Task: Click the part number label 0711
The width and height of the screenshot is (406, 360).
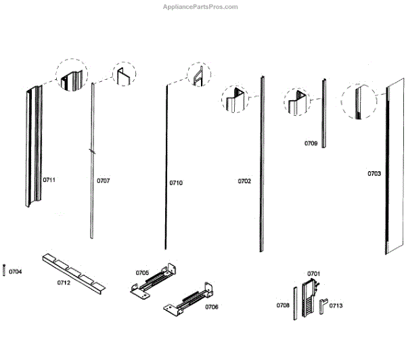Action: pyautogui.click(x=49, y=180)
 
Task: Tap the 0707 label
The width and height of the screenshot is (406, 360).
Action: pyautogui.click(x=103, y=181)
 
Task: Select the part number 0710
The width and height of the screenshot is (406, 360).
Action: pyautogui.click(x=176, y=183)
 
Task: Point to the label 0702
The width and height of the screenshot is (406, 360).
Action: pyautogui.click(x=244, y=181)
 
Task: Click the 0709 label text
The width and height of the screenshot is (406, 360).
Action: pyautogui.click(x=311, y=143)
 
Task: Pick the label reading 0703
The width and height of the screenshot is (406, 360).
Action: pyautogui.click(x=374, y=174)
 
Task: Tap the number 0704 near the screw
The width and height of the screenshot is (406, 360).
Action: pyautogui.click(x=15, y=272)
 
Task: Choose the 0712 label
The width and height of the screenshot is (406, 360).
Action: pyautogui.click(x=63, y=283)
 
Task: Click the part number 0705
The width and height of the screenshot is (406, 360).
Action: pyautogui.click(x=142, y=273)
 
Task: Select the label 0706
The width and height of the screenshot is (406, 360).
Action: pyautogui.click(x=211, y=307)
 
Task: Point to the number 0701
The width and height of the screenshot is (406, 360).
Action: pyautogui.click(x=313, y=273)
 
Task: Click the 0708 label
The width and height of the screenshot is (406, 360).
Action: pyautogui.click(x=283, y=306)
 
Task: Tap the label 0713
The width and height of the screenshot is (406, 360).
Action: pyautogui.click(x=336, y=306)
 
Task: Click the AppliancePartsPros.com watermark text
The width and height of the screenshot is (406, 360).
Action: pyautogui.click(x=201, y=7)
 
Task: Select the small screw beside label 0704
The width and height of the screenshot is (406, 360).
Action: pyautogui.click(x=4, y=269)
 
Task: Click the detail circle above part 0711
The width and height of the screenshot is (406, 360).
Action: pyautogui.click(x=71, y=76)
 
